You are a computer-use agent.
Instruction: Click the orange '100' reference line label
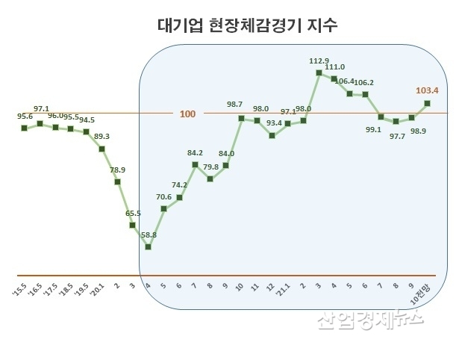187,114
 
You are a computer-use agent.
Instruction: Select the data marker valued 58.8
149,246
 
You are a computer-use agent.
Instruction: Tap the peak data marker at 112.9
319,72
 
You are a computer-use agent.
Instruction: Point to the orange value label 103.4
426,90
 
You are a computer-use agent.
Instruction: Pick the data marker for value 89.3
101,149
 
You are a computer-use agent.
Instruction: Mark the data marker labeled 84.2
195,164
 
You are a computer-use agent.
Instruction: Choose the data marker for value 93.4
272,136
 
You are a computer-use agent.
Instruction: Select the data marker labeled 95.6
25,128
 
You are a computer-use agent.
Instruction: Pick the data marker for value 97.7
396,121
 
